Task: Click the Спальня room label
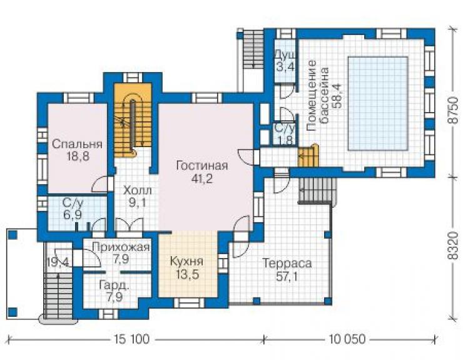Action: [77, 145]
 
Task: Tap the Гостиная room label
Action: [202, 165]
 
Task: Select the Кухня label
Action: [186, 262]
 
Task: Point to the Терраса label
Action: [287, 263]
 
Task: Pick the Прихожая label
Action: [121, 247]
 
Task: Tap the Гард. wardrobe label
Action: [114, 285]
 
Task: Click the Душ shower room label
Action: [285, 55]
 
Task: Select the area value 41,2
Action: [201, 178]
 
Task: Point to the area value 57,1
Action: [287, 276]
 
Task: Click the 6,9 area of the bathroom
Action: [73, 215]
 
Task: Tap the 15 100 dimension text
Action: [131, 339]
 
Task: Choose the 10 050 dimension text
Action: [347, 339]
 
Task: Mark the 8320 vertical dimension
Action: [453, 246]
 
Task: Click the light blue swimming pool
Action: [378, 104]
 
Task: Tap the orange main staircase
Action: [133, 118]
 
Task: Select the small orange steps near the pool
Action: [308, 156]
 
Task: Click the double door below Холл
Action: [130, 225]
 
